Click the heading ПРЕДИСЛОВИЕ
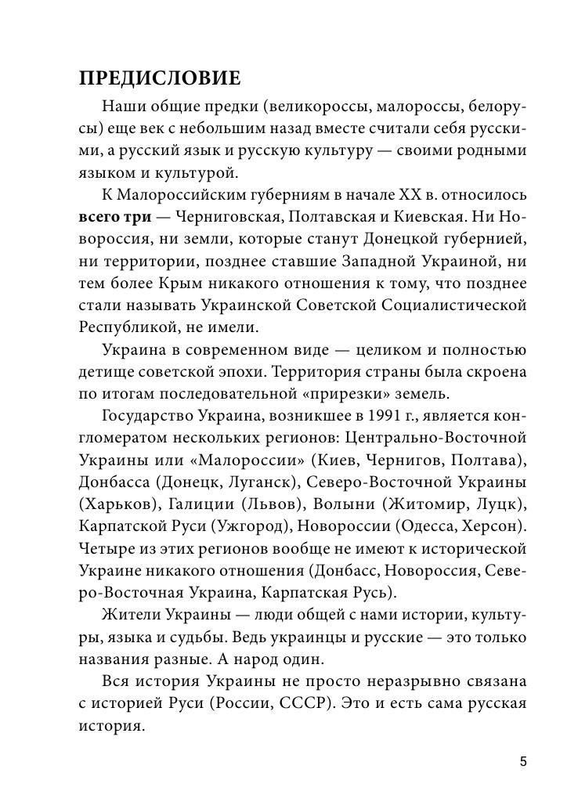point(160,78)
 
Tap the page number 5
point(523,761)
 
